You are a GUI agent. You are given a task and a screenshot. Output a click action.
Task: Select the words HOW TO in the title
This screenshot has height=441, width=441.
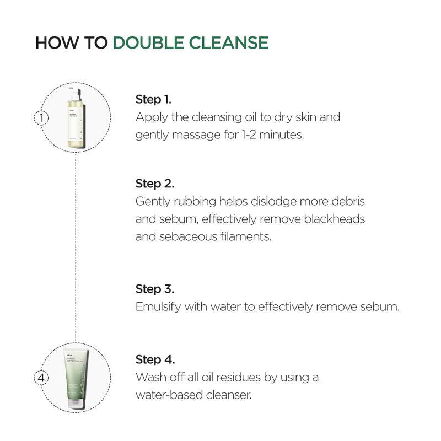click(x=72, y=43)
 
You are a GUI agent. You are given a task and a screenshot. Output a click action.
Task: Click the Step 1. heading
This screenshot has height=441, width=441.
click(x=153, y=100)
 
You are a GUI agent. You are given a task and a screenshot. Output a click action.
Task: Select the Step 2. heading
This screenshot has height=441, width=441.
click(x=155, y=183)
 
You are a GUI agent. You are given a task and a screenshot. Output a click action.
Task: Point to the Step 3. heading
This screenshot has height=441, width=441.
click(x=155, y=289)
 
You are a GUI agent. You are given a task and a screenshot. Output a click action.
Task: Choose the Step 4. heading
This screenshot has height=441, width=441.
click(x=155, y=360)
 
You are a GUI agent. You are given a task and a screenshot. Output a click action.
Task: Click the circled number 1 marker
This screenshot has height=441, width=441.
click(x=41, y=117)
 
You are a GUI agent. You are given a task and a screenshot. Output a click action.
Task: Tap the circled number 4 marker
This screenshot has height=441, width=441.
click(x=41, y=378)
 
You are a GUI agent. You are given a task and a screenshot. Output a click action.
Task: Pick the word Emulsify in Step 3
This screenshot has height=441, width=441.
click(x=156, y=307)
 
